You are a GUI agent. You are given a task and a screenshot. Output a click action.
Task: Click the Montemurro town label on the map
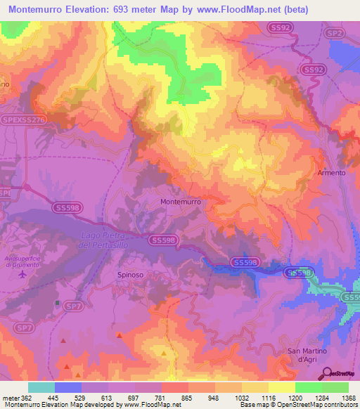(181, 201)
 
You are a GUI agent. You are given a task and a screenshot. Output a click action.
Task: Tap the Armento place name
(332, 173)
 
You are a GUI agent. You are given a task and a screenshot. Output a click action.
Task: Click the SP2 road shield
(335, 32)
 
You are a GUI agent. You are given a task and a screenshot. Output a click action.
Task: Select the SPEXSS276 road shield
(24, 122)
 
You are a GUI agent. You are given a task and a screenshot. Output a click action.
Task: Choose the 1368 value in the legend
(347, 398)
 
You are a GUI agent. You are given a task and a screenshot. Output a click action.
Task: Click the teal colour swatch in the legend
(41, 387)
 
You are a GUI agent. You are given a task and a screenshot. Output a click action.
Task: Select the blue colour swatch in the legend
(68, 387)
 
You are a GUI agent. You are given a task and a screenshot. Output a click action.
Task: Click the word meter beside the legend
(13, 398)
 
